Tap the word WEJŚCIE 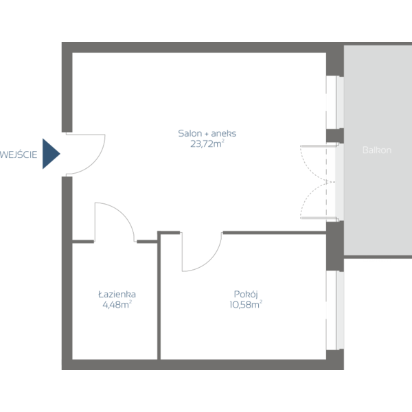click(x=19, y=154)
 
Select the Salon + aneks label click(x=207, y=134)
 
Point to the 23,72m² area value click(x=207, y=144)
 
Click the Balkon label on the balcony click(x=377, y=150)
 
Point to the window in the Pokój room click(x=334, y=310)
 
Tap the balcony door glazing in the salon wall click(x=334, y=182)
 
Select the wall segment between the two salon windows click(x=334, y=136)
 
